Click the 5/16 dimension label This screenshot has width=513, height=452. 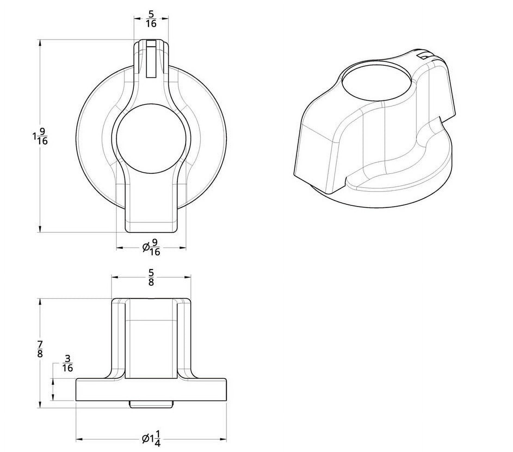tap(151, 19)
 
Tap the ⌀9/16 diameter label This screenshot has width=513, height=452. tap(151, 247)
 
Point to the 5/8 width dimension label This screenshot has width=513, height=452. tap(151, 277)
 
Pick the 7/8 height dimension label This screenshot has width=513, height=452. tap(40, 349)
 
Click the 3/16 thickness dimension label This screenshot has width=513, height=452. tap(68, 363)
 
